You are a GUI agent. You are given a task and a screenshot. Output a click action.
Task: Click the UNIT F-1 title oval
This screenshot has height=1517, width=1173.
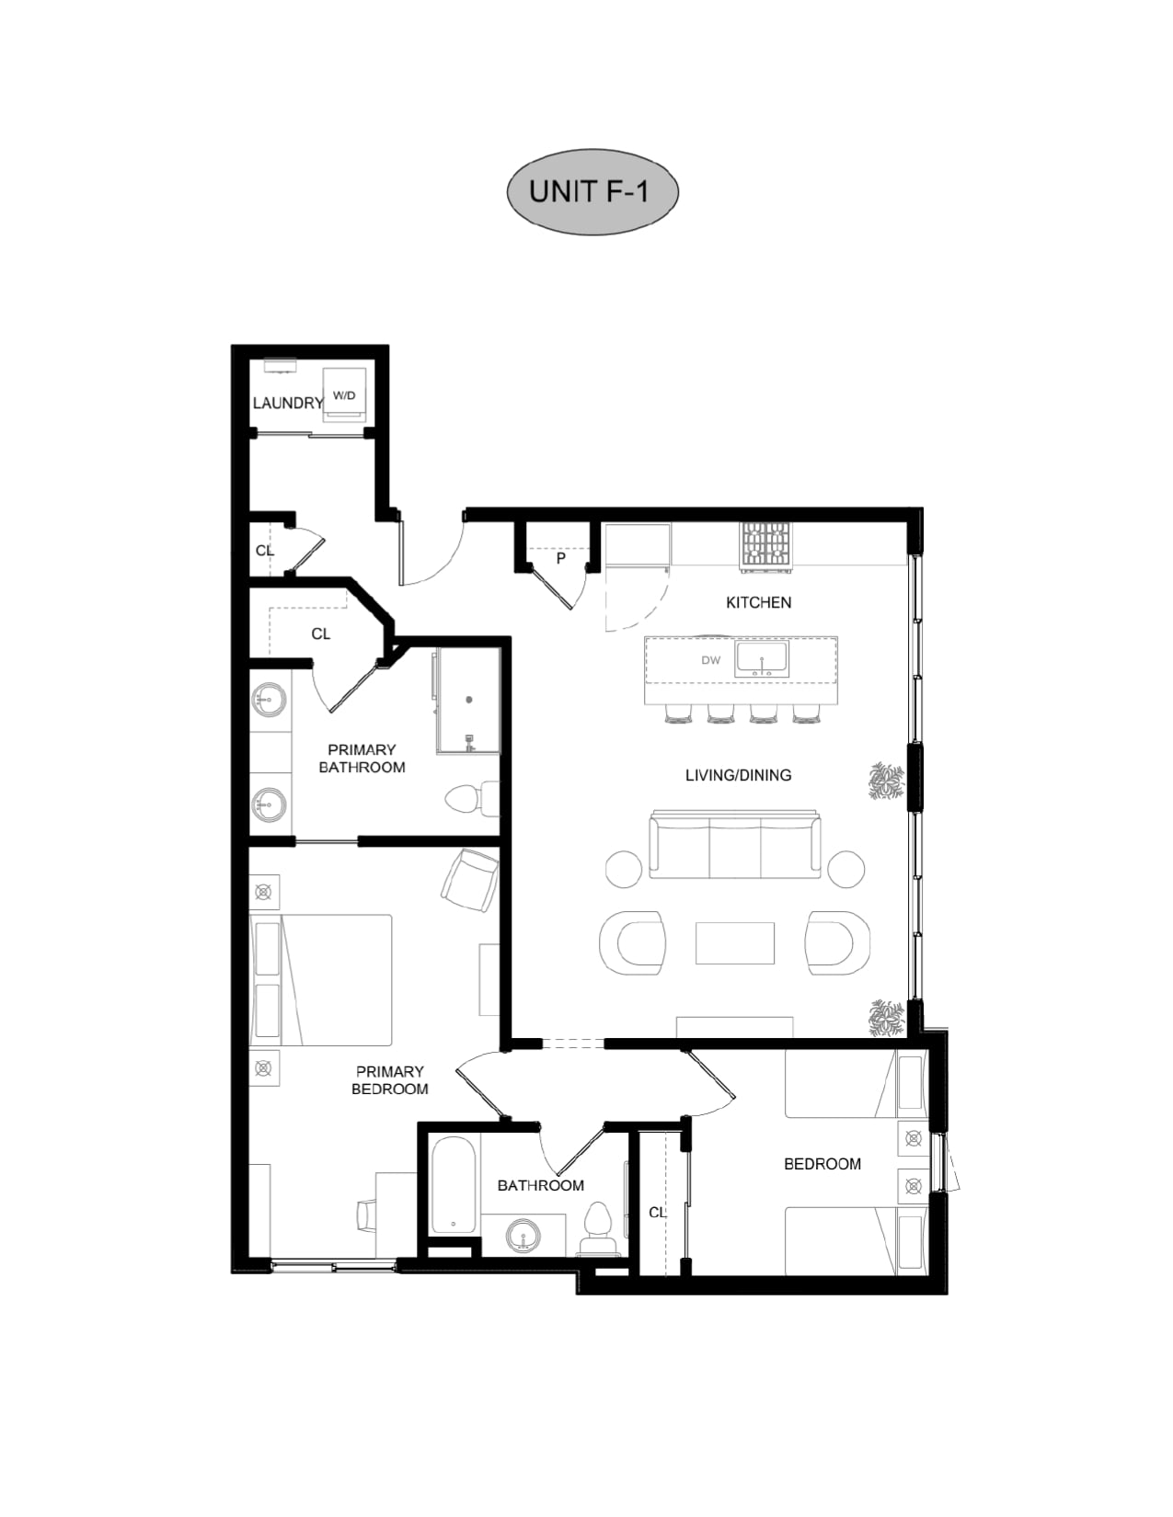coord(592,191)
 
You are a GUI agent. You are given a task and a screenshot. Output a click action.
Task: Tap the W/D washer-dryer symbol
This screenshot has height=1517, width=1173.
coord(344,395)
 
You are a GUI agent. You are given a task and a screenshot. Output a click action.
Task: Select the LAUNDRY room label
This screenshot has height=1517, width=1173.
coord(288,403)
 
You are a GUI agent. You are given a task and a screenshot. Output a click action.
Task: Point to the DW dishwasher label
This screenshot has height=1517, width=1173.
coord(710,660)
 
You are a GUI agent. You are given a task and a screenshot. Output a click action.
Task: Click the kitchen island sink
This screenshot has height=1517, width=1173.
coord(761,660)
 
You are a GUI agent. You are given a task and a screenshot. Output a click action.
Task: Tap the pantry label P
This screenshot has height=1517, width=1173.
coord(560,559)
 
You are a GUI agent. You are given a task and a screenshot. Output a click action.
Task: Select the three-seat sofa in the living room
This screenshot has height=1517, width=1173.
coord(735,844)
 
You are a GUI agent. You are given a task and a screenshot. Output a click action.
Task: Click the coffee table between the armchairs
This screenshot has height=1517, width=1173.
coord(734,943)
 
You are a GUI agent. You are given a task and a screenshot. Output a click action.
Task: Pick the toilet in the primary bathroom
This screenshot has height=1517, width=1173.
coord(472,799)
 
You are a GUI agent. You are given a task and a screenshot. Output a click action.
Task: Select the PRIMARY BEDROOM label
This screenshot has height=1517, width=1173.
coord(390,1080)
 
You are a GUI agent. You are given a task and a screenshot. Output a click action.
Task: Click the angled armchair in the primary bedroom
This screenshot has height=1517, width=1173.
coord(469,881)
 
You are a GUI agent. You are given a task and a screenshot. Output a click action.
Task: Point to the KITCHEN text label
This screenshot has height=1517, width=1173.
coord(759,602)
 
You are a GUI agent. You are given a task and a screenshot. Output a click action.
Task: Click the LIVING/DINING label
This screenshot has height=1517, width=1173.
coord(739,775)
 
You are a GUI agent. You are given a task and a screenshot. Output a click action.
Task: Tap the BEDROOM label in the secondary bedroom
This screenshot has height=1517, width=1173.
coord(822,1164)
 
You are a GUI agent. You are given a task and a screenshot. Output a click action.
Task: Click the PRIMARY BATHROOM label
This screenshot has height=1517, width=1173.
coord(362,758)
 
